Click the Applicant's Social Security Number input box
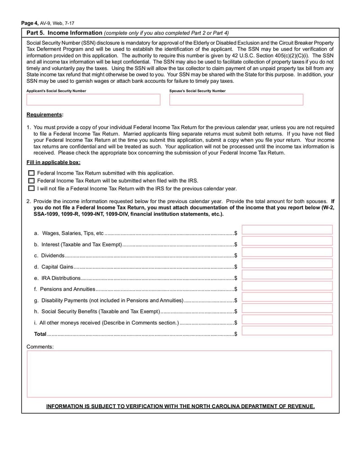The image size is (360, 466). pos(93,100)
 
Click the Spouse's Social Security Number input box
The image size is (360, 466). pos(236,100)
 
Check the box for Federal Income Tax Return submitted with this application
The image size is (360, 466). pos(31,173)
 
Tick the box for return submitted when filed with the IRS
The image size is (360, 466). pos(31,181)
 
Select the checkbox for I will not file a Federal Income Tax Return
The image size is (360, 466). pos(31,189)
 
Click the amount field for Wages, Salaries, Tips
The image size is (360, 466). pos(287,230)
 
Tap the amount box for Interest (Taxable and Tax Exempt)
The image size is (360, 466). pos(287,241)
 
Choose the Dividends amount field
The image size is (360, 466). pos(287,253)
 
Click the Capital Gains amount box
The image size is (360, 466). pos(287,264)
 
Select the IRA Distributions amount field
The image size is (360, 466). pos(287,275)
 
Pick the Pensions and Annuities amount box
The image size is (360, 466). pos(287,286)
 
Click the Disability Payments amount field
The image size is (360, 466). pos(287,298)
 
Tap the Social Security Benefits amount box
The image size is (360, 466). pos(287,309)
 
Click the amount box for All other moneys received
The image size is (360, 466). pos(287,320)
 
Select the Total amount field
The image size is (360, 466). pos(287,331)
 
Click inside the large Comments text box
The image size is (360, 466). pos(179,374)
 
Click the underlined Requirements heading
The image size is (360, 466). pos(45,115)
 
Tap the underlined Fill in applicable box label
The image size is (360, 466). pos(54,163)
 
